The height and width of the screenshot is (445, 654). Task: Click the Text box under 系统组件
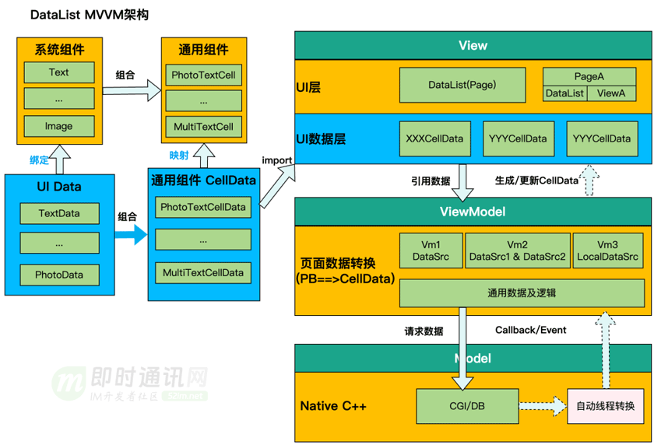click(59, 73)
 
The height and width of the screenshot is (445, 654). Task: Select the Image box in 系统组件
click(59, 127)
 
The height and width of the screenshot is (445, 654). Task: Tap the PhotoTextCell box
click(203, 76)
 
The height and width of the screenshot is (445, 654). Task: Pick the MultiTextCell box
click(203, 127)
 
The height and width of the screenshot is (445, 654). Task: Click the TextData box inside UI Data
click(59, 213)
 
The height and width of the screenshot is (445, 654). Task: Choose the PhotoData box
click(59, 275)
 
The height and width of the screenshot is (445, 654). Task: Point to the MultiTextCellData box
click(202, 272)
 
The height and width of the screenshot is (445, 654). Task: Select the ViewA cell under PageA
click(611, 93)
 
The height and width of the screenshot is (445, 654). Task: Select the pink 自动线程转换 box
click(605, 406)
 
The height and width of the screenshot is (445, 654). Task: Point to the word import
click(277, 161)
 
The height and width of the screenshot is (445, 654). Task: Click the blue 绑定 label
click(39, 160)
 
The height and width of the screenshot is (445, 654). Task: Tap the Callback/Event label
click(531, 330)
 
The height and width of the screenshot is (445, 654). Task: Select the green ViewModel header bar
click(472, 212)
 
